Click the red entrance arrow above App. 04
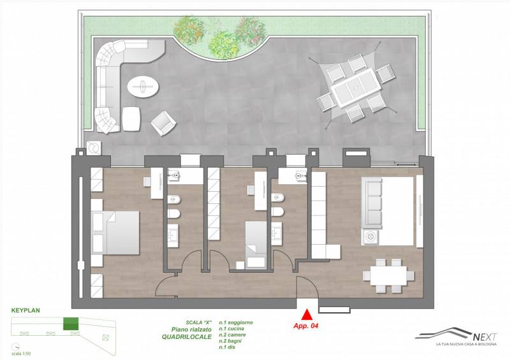point(307,315)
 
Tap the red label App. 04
point(306,326)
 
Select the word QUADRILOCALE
point(187,337)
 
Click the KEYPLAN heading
point(25,310)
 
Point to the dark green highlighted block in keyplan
point(71,324)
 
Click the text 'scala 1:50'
point(21,354)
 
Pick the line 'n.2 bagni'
point(230,341)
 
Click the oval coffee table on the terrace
point(143,87)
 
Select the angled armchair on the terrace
point(163,123)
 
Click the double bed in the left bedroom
point(115,233)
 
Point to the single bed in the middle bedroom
point(256,245)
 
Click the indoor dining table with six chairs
point(389,276)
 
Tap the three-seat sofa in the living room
point(372,203)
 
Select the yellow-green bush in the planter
point(223,45)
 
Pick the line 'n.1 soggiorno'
point(236,322)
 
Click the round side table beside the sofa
point(370,236)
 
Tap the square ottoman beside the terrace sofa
point(131,119)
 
